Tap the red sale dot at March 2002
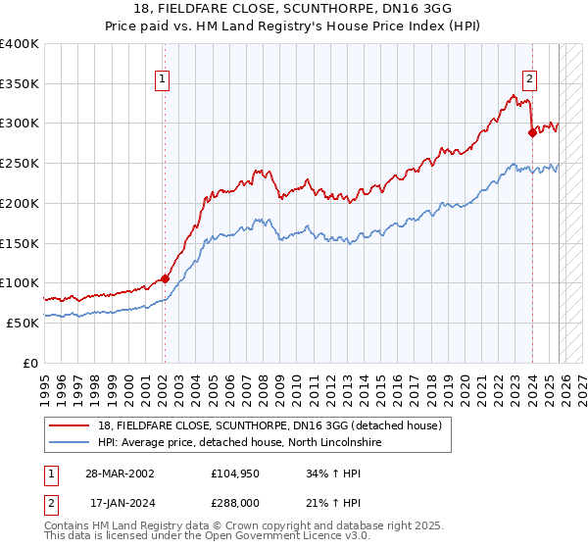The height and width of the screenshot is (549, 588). [165, 278]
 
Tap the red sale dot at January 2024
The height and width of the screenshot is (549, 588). [532, 133]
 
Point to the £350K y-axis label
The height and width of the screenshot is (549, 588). [20, 84]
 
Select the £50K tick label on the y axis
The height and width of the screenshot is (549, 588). [24, 323]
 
